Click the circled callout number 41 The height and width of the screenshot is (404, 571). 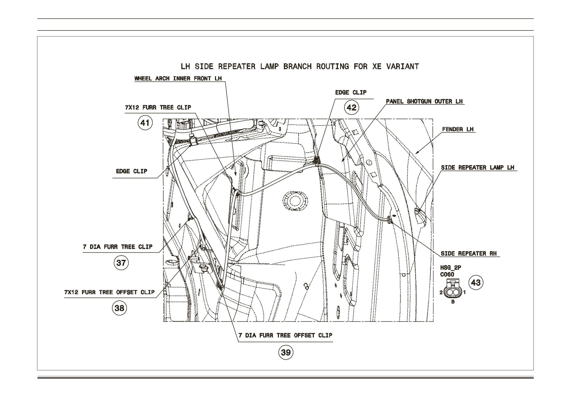coord(145,122)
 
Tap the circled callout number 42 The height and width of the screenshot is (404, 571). coord(352,107)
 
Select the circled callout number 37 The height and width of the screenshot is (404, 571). coord(121,263)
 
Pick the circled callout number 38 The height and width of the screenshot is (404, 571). coord(119,308)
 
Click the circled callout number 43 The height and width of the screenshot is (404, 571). coord(476,282)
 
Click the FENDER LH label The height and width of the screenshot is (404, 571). coord(458,129)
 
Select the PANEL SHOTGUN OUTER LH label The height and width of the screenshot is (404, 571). coord(424,101)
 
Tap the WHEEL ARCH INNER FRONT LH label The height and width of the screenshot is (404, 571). coord(178,79)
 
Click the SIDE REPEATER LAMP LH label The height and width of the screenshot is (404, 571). coord(477,168)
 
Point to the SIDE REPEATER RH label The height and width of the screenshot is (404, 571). coord(469,253)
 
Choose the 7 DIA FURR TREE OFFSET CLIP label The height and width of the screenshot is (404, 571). coord(285,335)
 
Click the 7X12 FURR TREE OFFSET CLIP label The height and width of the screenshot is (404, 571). coord(109,292)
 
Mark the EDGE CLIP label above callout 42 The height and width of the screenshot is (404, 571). coord(351,93)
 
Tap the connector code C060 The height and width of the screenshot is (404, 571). coord(447,274)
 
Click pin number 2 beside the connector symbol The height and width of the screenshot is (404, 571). coord(441,292)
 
